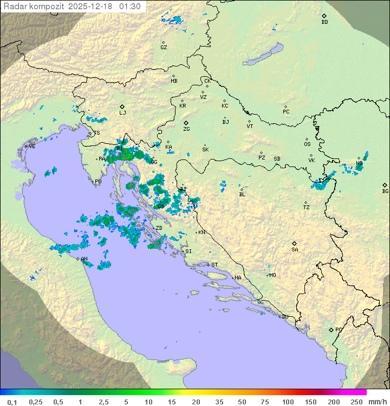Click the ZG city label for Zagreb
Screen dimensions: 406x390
[186, 129]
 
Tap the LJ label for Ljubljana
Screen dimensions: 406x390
[122, 113]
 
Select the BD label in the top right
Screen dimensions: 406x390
[324, 22]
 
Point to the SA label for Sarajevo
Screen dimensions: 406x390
[295, 249]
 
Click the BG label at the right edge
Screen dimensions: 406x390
[385, 191]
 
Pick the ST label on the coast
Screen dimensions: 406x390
[214, 265]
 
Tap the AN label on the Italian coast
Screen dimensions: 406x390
[84, 259]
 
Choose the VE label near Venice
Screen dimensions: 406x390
[32, 147]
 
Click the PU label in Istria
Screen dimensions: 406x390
[98, 182]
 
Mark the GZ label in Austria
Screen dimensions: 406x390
[164, 47]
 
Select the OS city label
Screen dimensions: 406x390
[307, 144]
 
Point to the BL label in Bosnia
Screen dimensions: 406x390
[242, 194]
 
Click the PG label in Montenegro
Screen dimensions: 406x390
[339, 329]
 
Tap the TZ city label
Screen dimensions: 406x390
[307, 207]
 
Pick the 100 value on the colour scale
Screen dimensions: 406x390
[288, 402]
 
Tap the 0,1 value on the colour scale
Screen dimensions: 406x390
[12, 402]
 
